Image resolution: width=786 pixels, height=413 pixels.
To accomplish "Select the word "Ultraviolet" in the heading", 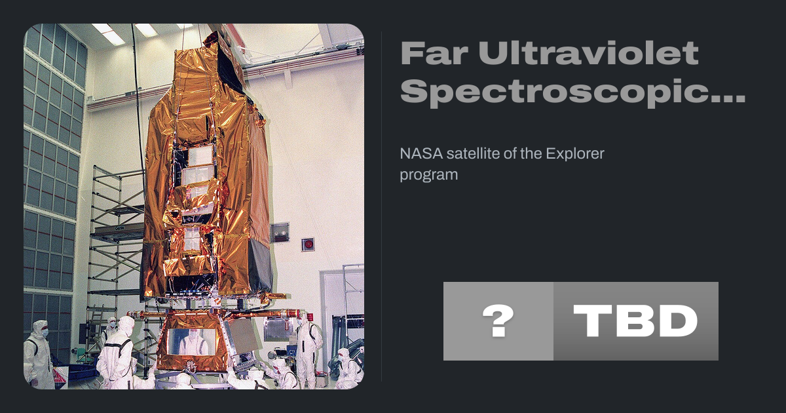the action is (588, 52).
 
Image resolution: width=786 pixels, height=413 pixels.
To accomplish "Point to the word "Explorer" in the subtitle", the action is (575, 154).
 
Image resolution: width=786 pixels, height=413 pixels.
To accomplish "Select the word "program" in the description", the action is (429, 175).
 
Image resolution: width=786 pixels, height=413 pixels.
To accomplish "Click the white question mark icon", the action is (498, 321).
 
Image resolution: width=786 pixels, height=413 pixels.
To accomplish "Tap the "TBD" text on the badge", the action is (635, 321).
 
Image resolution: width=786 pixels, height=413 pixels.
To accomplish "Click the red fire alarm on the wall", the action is (308, 245).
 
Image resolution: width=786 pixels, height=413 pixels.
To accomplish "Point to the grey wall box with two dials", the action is (280, 233).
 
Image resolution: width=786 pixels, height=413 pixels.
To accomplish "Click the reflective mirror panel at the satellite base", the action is (191, 342).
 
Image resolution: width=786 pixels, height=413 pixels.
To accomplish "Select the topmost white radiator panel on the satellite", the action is (200, 155).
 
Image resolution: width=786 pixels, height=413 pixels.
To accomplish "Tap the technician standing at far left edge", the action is (39, 355).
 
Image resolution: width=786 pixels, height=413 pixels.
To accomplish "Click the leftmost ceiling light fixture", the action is (108, 33).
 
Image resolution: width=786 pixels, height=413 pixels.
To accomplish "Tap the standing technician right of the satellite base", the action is (308, 351).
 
